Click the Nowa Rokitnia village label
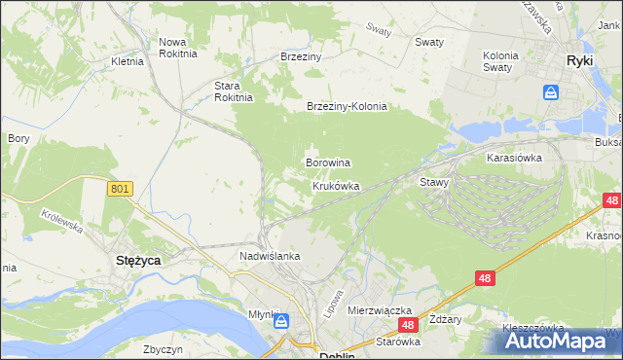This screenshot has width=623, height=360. coord(177,48)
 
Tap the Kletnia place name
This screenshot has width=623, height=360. coord(128,61)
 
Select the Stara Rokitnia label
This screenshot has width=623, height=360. coord(234,90)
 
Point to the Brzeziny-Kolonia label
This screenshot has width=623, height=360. coord(347,107)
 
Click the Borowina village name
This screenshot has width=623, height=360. coord(328,162)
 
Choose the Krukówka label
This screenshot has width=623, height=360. coord(336,186)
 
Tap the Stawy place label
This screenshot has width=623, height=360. coord(433,182)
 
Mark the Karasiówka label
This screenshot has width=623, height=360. coord(514,157)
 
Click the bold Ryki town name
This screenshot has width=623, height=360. coord(580,60)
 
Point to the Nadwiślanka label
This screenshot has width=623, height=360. coord(270,256)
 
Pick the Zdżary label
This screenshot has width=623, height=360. coord(446,320)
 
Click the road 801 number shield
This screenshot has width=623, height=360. coord(120,190)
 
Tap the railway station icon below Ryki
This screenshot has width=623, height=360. coord(551,92)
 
